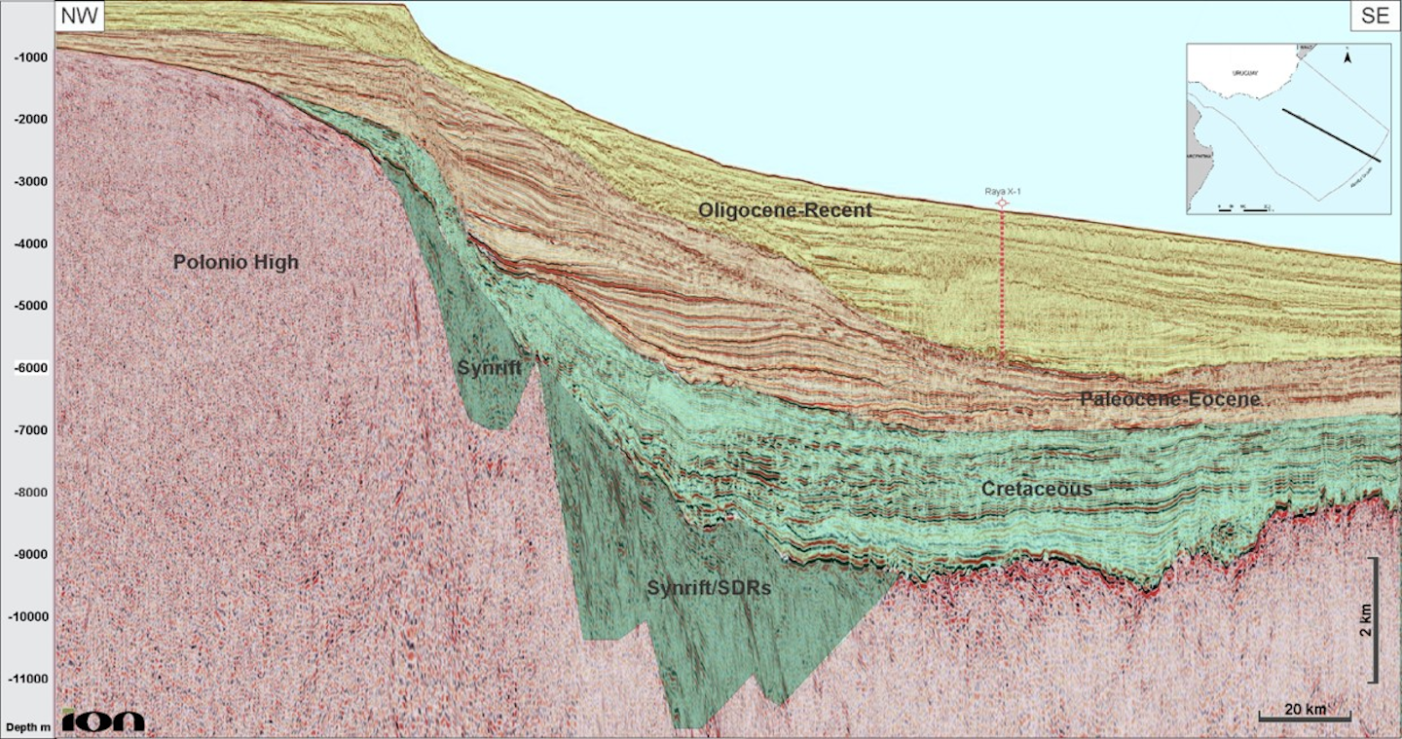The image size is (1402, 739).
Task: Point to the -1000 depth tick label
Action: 31,57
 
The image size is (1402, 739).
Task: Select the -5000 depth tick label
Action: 31,306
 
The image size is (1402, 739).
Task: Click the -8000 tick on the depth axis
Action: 31,493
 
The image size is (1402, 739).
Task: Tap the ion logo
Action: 103,721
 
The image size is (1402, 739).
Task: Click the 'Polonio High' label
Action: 236,262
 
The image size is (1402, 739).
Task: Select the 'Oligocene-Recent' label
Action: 785,209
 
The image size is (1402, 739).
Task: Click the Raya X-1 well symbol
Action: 1001,203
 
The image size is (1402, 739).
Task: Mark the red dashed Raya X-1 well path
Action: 1002,282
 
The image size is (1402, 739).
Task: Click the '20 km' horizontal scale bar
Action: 1305,719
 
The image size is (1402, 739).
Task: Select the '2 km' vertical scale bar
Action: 1374,620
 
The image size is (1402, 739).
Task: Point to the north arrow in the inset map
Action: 1347,57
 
